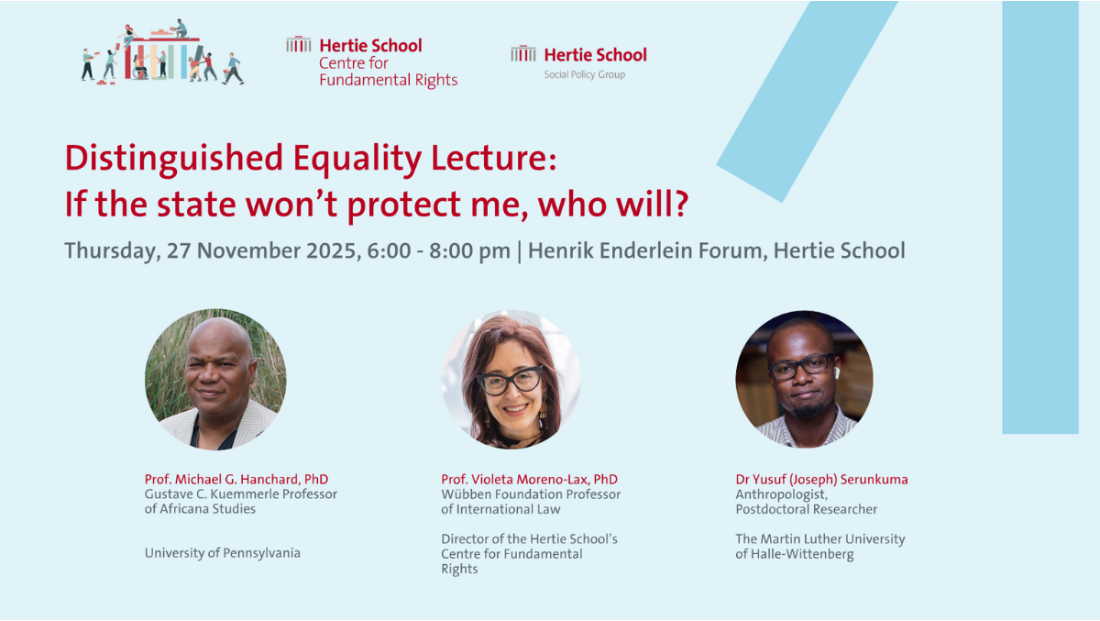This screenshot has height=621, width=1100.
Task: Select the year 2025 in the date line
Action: click(331, 250)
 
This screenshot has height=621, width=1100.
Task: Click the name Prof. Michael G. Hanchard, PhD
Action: click(236, 479)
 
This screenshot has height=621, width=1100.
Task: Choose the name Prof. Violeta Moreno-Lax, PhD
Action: click(530, 479)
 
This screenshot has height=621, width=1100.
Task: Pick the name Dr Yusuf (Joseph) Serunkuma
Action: click(821, 480)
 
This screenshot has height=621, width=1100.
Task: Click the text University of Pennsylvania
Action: click(223, 553)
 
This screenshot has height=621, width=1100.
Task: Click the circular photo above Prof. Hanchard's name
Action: click(215, 379)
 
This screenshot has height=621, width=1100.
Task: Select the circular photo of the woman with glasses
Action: click(511, 379)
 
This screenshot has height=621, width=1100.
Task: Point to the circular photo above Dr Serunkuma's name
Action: click(805, 379)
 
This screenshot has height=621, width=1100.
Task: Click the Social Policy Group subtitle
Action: click(585, 74)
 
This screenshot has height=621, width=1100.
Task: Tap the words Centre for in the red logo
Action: click(354, 63)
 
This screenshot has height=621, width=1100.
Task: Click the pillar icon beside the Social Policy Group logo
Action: click(523, 53)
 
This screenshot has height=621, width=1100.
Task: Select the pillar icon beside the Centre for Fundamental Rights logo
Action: click(299, 44)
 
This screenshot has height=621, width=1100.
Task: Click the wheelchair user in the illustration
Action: click(139, 68)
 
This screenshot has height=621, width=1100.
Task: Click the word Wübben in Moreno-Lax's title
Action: click(467, 494)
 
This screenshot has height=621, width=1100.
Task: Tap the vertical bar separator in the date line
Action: click(519, 251)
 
